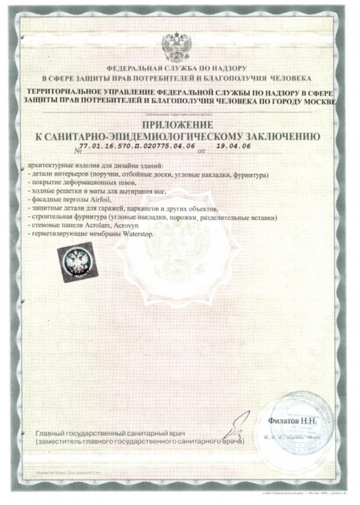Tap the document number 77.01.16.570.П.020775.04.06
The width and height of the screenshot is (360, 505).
(x=137, y=147)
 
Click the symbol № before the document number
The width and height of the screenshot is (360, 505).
(x=75, y=151)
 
